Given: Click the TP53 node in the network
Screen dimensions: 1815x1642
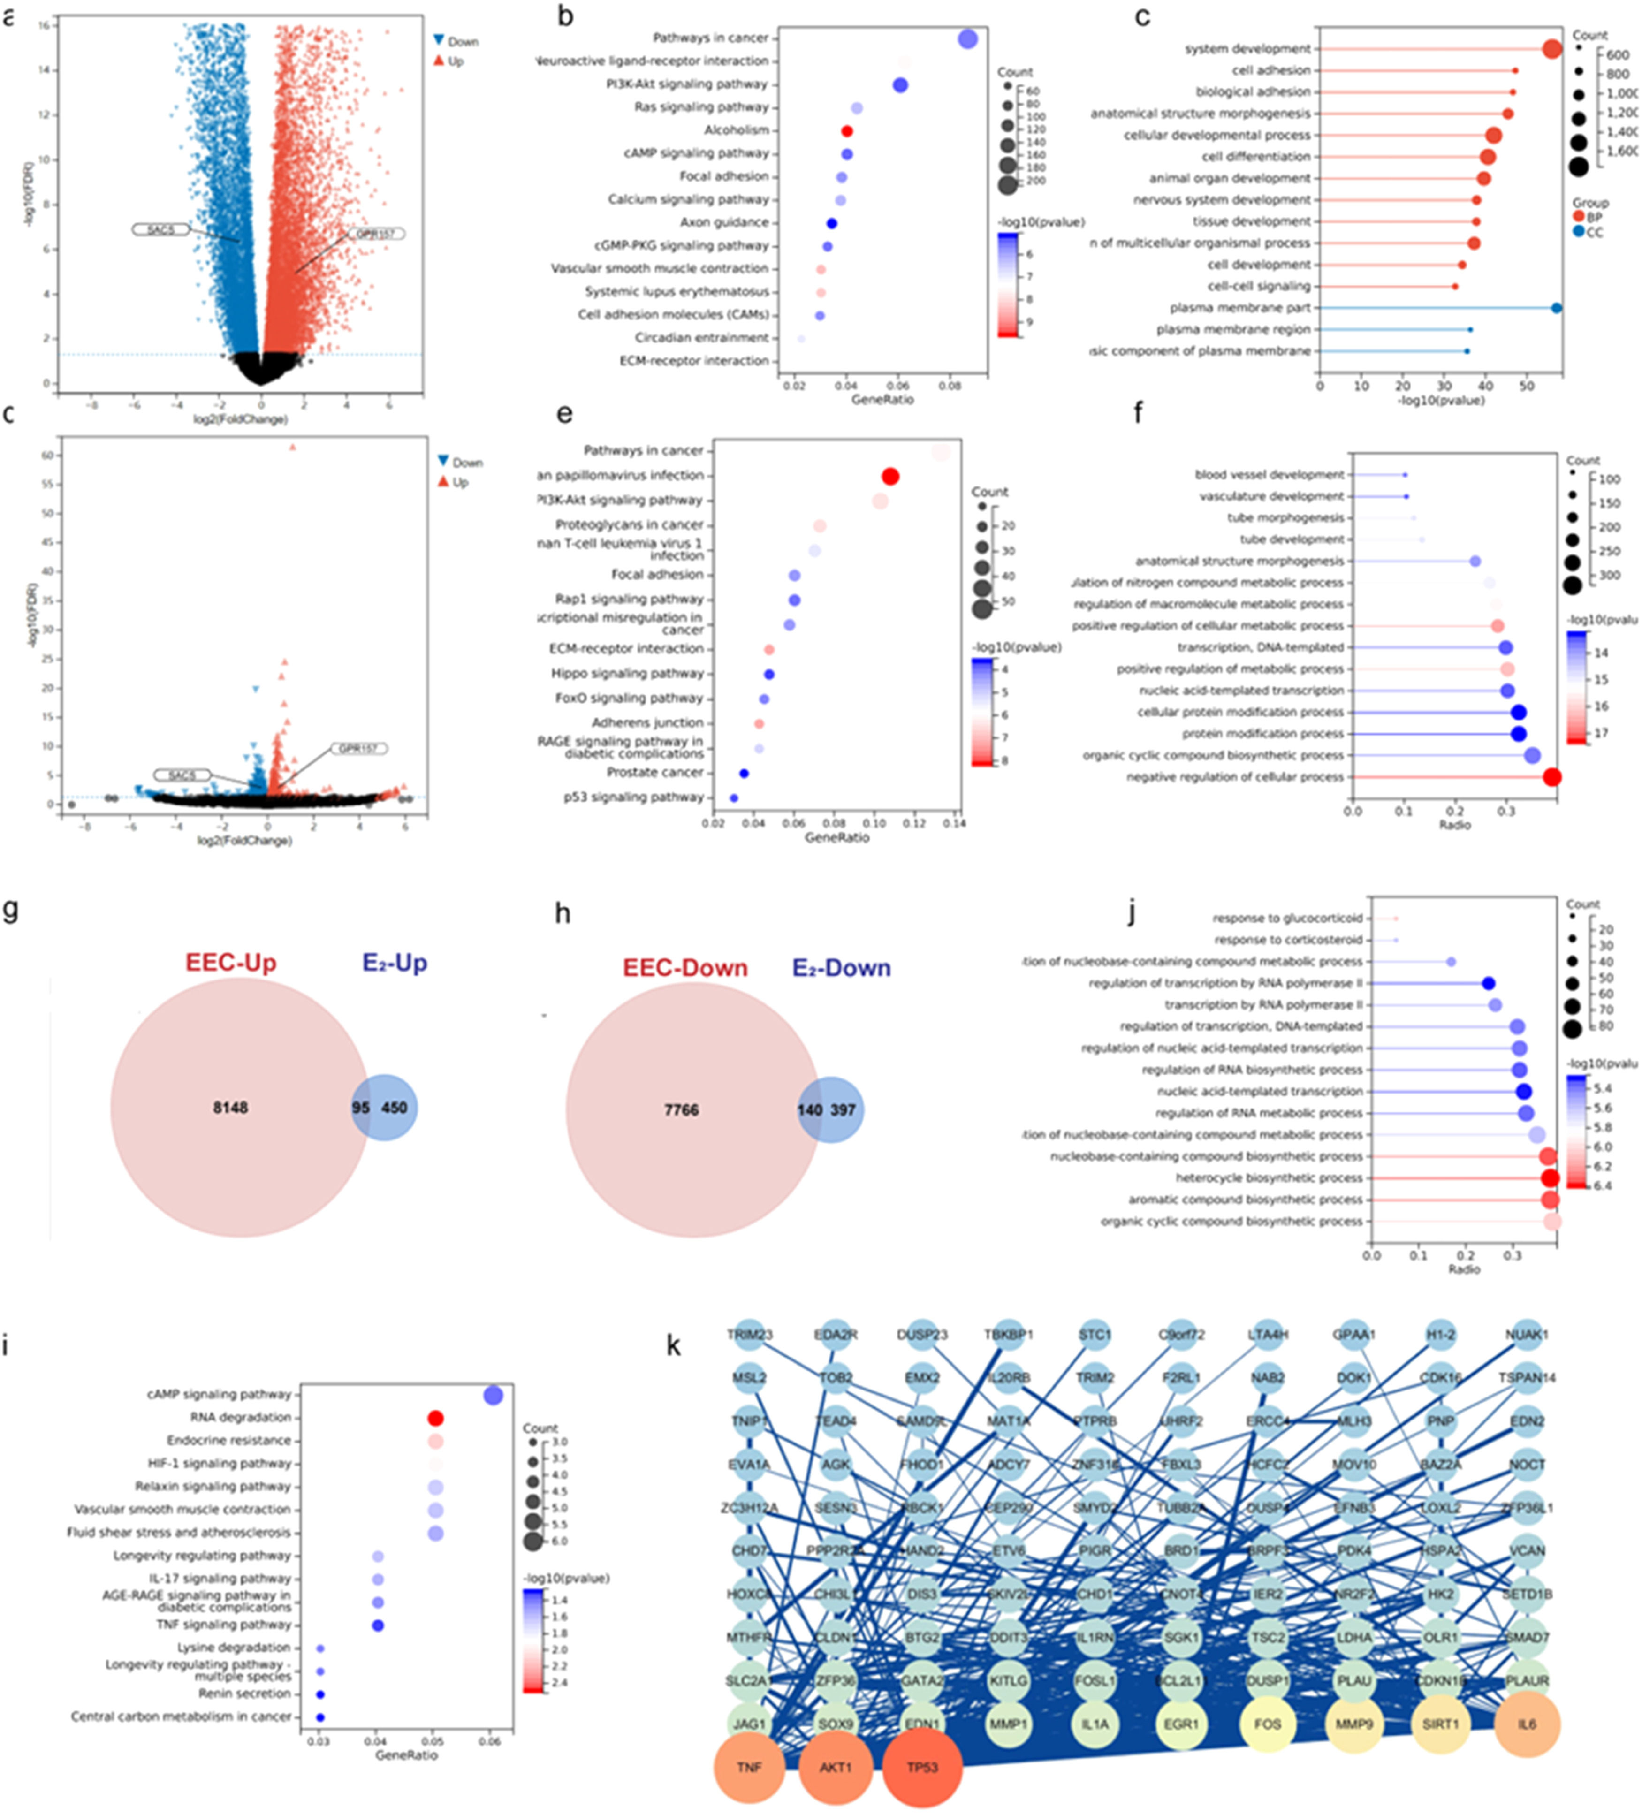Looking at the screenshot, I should (922, 1767).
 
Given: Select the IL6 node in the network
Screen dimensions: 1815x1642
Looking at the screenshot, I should (1527, 1724).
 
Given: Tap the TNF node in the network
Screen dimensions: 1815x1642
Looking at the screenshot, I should (749, 1767).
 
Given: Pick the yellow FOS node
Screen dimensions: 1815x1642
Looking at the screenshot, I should (1268, 1724).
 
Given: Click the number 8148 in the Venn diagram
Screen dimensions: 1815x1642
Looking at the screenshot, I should (230, 1108).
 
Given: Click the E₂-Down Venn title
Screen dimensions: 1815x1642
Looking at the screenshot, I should (841, 968).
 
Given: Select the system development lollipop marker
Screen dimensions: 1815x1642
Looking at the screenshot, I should (1552, 49).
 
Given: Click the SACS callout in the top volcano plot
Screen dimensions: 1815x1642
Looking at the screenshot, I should (160, 230).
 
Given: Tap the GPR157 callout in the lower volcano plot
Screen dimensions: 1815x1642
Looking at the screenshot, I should (358, 748).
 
